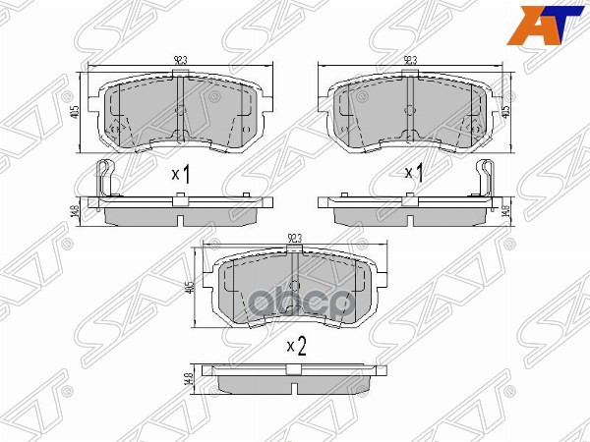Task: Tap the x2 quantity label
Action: pos(296,345)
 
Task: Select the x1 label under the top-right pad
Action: pos(414,174)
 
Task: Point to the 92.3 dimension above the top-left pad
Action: pos(180,61)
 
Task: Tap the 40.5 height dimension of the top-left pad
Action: pos(76,112)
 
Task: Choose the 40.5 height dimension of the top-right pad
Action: pos(506,110)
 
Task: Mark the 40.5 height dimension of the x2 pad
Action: pos(194,289)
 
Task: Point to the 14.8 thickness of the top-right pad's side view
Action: pos(506,208)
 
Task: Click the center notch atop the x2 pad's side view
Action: pos(296,368)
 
